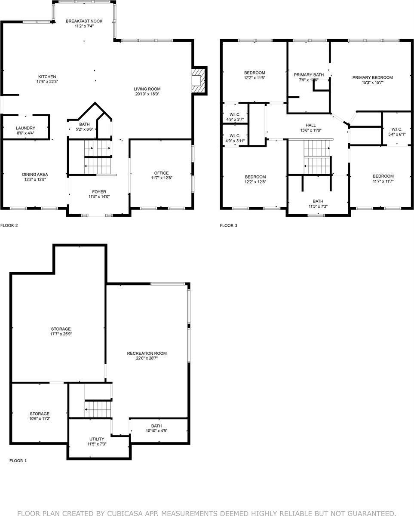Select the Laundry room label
(x=25, y=128)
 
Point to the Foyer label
(x=99, y=192)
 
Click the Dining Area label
(x=35, y=174)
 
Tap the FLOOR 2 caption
(x=9, y=225)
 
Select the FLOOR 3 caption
(x=229, y=225)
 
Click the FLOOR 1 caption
(x=18, y=461)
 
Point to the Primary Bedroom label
(x=372, y=77)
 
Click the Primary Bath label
(x=308, y=74)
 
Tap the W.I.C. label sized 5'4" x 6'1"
(x=396, y=129)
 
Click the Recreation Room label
(x=147, y=353)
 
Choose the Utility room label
(x=97, y=439)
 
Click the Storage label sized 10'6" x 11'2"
(x=40, y=414)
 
